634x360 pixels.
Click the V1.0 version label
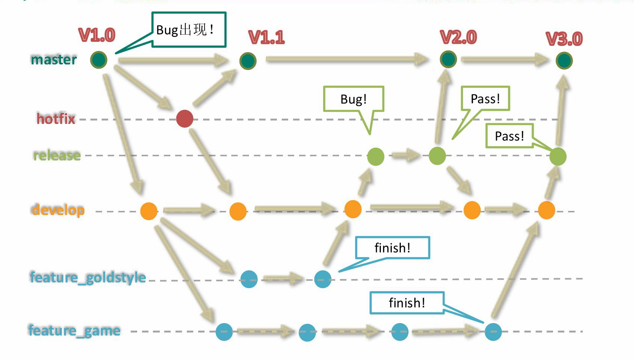pos(97,35)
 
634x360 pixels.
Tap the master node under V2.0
pos(448,59)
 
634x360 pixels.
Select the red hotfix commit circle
pos(185,119)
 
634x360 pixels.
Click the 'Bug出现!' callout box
pos(189,30)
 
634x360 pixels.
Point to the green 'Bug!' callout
pos(353,99)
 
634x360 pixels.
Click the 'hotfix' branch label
pos(56,119)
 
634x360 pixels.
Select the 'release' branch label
pos(57,155)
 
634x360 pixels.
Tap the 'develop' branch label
pos(58,210)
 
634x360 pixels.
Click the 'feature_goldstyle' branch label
pos(88,278)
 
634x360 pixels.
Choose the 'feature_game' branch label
pos(74,331)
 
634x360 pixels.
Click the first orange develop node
pos(149,211)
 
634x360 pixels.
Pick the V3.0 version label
pos(564,39)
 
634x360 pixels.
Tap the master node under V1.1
pos(248,61)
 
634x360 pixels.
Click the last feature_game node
pos(493,332)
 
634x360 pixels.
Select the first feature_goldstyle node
pos(249,279)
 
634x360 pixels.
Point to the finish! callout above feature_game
pos(407,303)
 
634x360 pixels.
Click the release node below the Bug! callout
pos(376,156)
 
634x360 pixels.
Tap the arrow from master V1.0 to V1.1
pos(173,60)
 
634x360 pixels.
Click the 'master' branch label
pos(54,59)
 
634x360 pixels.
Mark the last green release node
pos(558,156)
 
